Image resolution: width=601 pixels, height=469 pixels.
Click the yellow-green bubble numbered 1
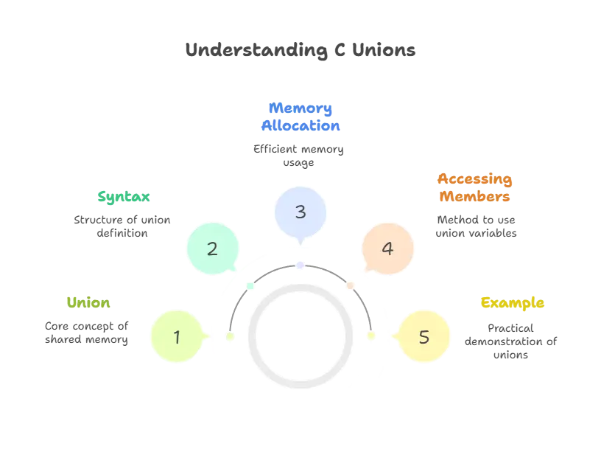pyautogui.click(x=177, y=337)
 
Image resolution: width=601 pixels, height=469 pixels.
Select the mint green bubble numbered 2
pyautogui.click(x=212, y=249)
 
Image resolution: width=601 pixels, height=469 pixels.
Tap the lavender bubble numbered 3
pyautogui.click(x=300, y=212)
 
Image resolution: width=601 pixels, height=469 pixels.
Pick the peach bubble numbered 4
pyautogui.click(x=387, y=249)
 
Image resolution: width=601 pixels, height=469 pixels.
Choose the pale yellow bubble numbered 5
pyautogui.click(x=423, y=337)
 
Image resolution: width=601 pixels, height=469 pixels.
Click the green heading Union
pyautogui.click(x=88, y=303)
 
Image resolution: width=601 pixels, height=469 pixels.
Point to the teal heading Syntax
pyautogui.click(x=124, y=197)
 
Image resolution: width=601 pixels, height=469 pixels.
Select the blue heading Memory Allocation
pyautogui.click(x=300, y=117)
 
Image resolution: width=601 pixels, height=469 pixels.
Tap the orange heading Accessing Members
pyautogui.click(x=474, y=188)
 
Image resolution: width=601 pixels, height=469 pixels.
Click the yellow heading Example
pyautogui.click(x=513, y=303)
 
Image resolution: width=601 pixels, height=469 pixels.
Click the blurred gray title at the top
pyautogui.click(x=300, y=50)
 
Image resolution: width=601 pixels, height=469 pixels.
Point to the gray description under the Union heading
pyautogui.click(x=85, y=333)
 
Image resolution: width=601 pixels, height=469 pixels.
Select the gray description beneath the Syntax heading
pyautogui.click(x=122, y=226)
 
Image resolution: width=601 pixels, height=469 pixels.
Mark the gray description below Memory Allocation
pyautogui.click(x=300, y=156)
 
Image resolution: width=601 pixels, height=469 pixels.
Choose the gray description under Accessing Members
pyautogui.click(x=477, y=226)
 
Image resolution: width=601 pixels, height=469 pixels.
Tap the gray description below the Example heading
pyautogui.click(x=510, y=338)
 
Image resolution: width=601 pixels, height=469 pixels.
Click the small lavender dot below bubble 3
pyautogui.click(x=300, y=263)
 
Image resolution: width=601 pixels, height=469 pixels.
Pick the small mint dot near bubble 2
pyautogui.click(x=250, y=285)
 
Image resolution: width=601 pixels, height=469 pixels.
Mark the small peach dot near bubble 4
pyautogui.click(x=351, y=285)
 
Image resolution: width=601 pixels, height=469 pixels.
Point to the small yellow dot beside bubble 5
pyautogui.click(x=371, y=336)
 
